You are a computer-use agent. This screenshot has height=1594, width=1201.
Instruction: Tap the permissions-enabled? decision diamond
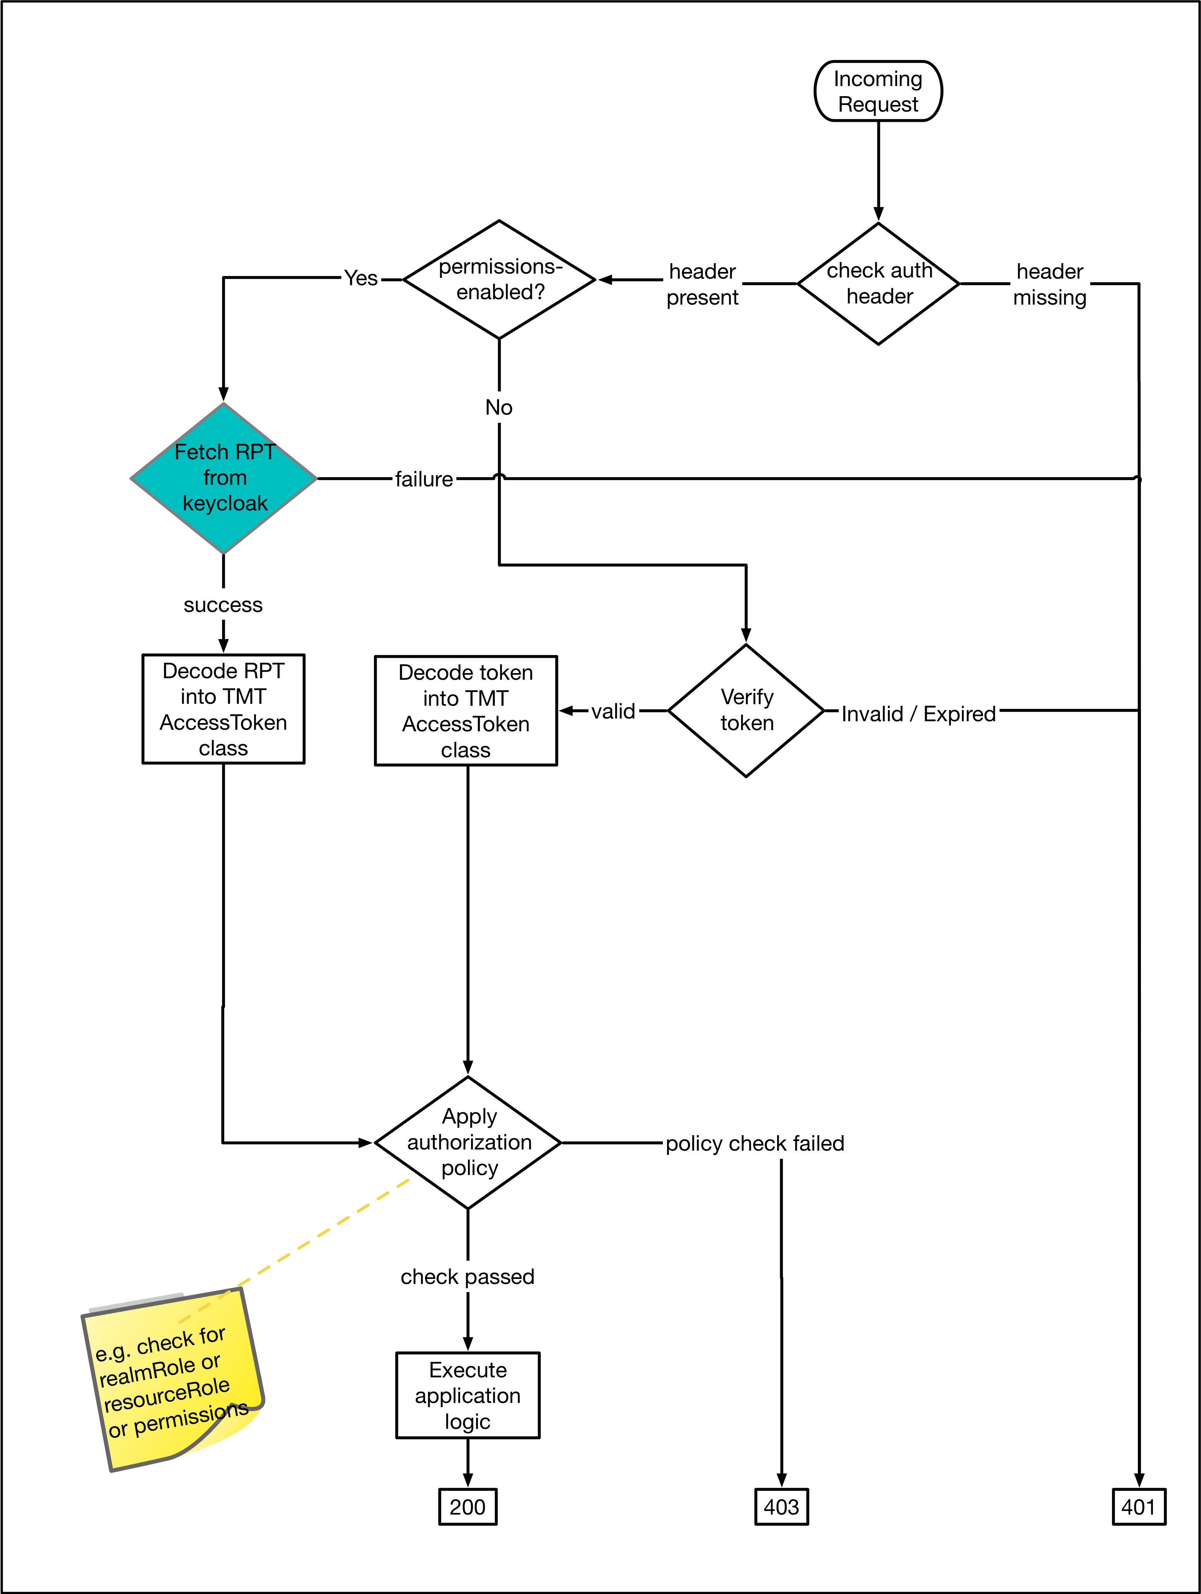(499, 279)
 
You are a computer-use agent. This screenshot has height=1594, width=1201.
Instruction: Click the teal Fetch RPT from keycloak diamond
(224, 478)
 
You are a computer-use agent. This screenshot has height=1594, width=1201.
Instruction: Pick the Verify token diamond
(747, 710)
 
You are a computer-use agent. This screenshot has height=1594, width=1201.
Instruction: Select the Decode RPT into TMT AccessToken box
(223, 709)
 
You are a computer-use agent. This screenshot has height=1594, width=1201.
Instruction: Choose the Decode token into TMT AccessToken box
(466, 710)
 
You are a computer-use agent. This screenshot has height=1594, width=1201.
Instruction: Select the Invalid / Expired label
(919, 714)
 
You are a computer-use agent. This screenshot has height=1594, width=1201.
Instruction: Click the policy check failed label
(754, 1144)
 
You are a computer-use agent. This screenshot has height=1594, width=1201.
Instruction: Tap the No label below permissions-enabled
(499, 408)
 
